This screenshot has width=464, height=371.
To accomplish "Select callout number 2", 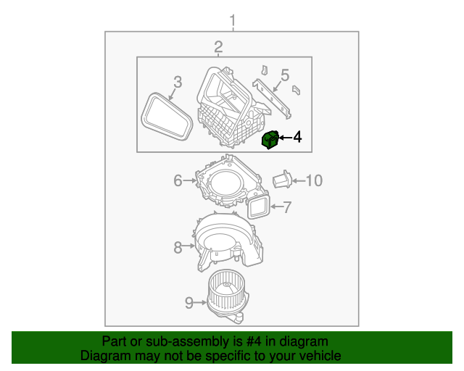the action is coord(218,47).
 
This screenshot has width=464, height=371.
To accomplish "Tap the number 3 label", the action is coord(177,82).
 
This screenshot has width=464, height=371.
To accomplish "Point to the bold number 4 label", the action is coord(297,137).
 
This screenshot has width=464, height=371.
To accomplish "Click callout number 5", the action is coord(285,75).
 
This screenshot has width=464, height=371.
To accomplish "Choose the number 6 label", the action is coord(178,181).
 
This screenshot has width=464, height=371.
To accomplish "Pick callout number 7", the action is coord(286,208).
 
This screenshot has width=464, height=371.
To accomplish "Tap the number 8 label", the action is coord(178,248).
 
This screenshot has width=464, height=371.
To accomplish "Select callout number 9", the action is coord(188,303).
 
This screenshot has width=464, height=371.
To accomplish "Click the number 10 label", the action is coord(312,180).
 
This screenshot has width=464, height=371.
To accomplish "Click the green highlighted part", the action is coord(270,138).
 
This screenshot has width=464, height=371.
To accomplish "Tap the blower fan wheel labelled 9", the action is coord(225,293).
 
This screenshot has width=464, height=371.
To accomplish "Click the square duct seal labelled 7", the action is coord(259,208).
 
